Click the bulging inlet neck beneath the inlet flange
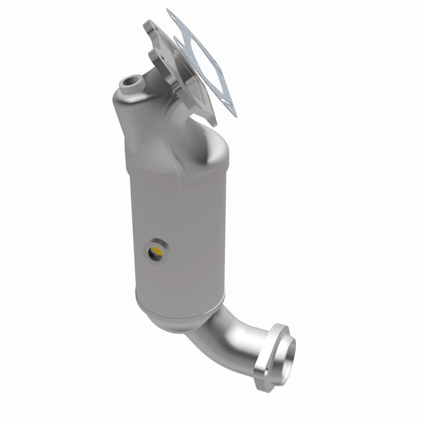[196, 132]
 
